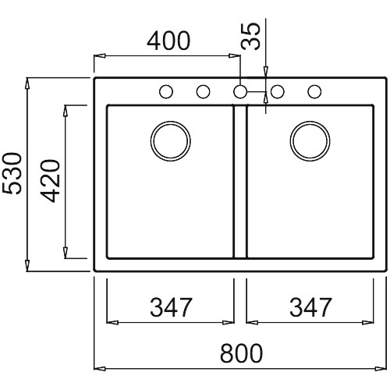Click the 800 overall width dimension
coord(241,353)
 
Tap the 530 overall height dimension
coord(12,173)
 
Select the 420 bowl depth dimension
coord(50,181)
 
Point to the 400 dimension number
coord(168,41)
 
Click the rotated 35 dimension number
coord(250,36)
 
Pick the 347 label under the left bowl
coord(171,307)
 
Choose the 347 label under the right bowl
coord(310,307)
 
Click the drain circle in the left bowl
coord(171,141)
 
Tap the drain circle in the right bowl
coord(310,141)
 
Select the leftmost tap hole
coord(166,91)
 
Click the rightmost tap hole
coord(314,91)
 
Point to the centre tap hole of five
coord(240,91)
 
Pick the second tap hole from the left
coord(203,91)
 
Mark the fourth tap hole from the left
coord(278,91)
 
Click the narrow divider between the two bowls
coord(240,182)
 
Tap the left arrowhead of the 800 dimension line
coord(100,369)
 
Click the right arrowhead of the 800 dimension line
coord(381,369)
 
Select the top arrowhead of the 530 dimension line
coord(27,83)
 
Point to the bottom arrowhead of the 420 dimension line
coord(66,253)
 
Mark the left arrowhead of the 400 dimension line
coord(100,55)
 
